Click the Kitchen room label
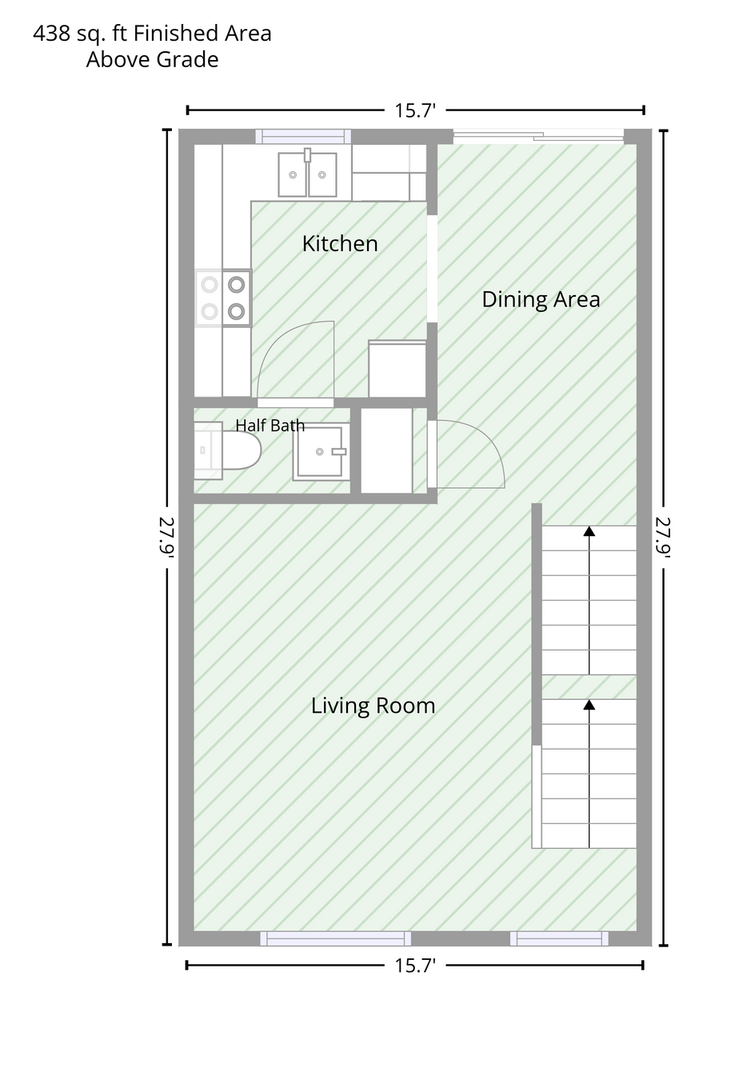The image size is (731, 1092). pyautogui.click(x=340, y=243)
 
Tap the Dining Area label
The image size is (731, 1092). pyautogui.click(x=541, y=299)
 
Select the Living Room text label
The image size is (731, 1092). pyautogui.click(x=373, y=706)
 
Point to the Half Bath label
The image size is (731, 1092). pyautogui.click(x=270, y=425)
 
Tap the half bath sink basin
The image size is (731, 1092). pyautogui.click(x=322, y=451)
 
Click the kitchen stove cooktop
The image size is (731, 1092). pyautogui.click(x=223, y=298)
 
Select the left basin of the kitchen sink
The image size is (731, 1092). pyautogui.click(x=293, y=174)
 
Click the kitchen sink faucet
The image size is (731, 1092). pyautogui.click(x=307, y=155)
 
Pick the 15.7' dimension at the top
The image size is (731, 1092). pyautogui.click(x=415, y=110)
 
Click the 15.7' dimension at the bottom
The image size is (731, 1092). pyautogui.click(x=415, y=966)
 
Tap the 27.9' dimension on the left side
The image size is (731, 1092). pyautogui.click(x=166, y=538)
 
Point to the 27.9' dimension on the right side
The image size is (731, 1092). pyautogui.click(x=663, y=538)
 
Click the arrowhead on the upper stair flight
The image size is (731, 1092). pyautogui.click(x=589, y=531)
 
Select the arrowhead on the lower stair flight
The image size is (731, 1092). pyautogui.click(x=589, y=705)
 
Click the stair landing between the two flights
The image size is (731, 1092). pyautogui.click(x=589, y=687)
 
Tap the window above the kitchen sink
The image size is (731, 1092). pyautogui.click(x=303, y=137)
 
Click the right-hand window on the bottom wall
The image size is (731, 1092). pyautogui.click(x=559, y=938)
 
